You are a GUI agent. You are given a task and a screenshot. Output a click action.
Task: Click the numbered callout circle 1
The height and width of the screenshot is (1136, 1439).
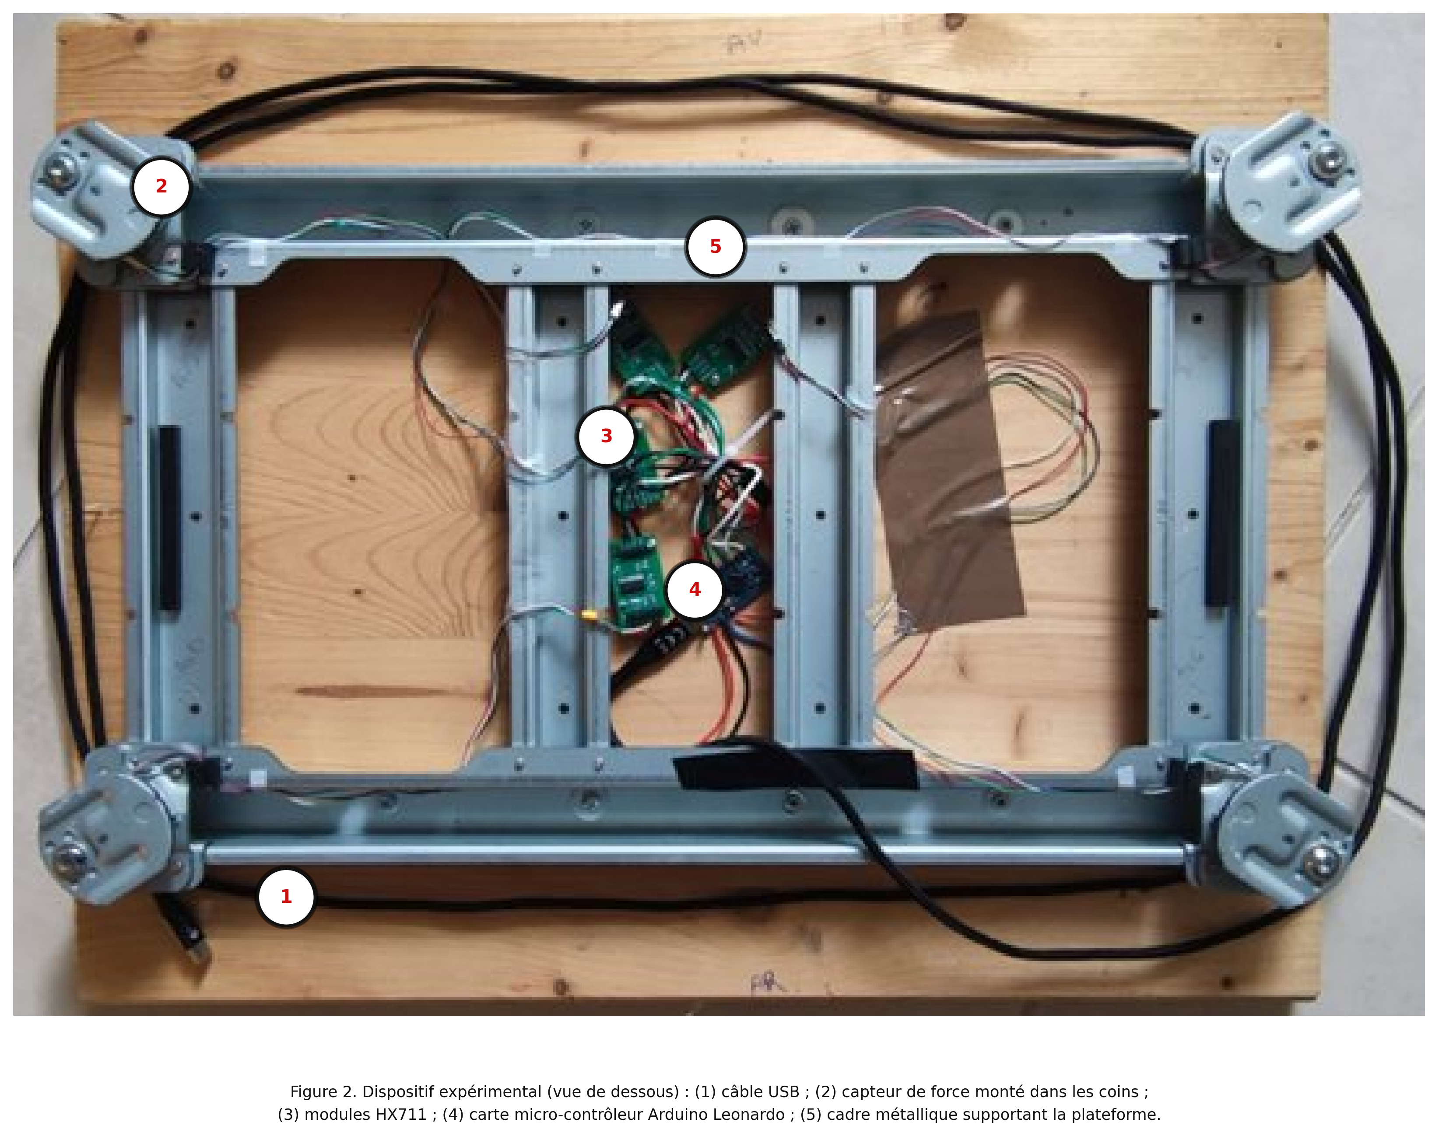[x=286, y=897]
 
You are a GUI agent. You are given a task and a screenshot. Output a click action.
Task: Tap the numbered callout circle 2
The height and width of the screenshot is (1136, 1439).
[x=161, y=187]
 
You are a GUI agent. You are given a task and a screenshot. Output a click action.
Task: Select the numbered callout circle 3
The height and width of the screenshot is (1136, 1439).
[x=606, y=436]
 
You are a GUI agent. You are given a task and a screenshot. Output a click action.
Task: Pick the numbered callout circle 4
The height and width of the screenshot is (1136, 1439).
[x=695, y=589]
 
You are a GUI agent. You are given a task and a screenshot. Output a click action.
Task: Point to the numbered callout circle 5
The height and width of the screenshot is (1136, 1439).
[x=715, y=247]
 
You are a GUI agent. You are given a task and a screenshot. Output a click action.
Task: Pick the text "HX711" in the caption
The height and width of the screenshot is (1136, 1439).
[x=401, y=1115]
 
